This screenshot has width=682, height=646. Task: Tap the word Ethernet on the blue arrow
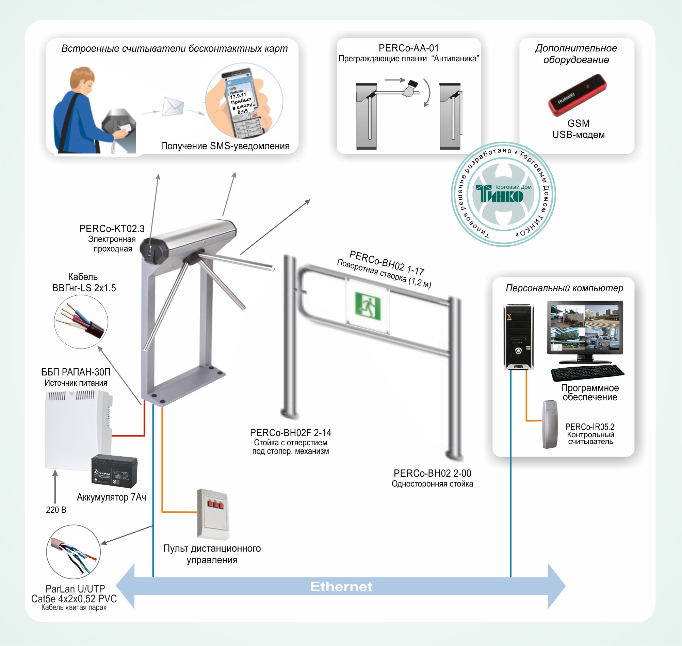point(341,586)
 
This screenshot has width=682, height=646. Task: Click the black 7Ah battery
point(114,471)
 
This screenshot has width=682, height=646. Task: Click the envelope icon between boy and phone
point(173,106)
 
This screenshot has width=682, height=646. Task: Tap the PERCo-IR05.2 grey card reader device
point(550,424)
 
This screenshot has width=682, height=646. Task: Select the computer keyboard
point(587,373)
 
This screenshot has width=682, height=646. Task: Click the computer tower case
point(518,337)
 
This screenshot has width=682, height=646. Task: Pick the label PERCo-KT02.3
point(112,229)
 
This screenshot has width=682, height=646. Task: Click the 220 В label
point(56,510)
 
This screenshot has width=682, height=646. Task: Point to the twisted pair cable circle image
point(73,552)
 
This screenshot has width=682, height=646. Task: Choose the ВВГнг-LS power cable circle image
point(81,322)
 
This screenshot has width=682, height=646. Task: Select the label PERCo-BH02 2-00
point(432,473)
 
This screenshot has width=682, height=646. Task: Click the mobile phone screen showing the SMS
point(240,101)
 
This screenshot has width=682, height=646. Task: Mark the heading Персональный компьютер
point(564,288)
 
